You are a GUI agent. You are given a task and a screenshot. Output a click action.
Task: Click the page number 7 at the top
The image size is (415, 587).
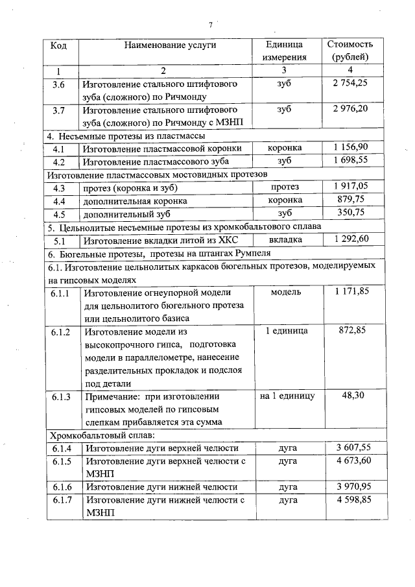click(211, 25)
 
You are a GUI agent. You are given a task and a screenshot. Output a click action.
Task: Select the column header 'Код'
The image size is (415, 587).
click(59, 45)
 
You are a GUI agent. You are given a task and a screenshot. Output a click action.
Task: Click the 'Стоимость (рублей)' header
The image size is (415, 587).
click(350, 51)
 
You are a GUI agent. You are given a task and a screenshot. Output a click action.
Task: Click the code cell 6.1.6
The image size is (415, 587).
click(60, 486)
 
